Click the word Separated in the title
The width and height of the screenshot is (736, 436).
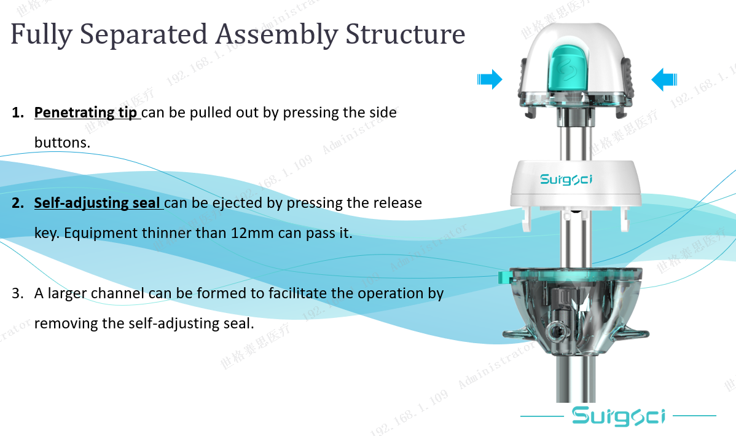pyautogui.click(x=143, y=34)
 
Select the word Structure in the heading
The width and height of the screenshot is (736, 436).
pyautogui.click(x=405, y=34)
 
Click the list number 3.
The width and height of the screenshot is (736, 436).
pyautogui.click(x=17, y=293)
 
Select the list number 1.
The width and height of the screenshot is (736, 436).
pyautogui.click(x=17, y=113)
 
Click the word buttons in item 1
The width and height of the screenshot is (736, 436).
pyautogui.click(x=62, y=142)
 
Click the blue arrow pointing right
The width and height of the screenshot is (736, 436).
pyautogui.click(x=490, y=79)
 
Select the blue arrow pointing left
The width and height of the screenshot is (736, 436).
pyautogui.click(x=664, y=79)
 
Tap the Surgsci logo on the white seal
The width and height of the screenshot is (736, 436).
pyautogui.click(x=566, y=179)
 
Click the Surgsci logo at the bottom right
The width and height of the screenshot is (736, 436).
pyautogui.click(x=618, y=416)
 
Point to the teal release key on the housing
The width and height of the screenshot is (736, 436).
pyautogui.click(x=504, y=277)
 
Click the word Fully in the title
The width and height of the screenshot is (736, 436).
pyautogui.click(x=41, y=35)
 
